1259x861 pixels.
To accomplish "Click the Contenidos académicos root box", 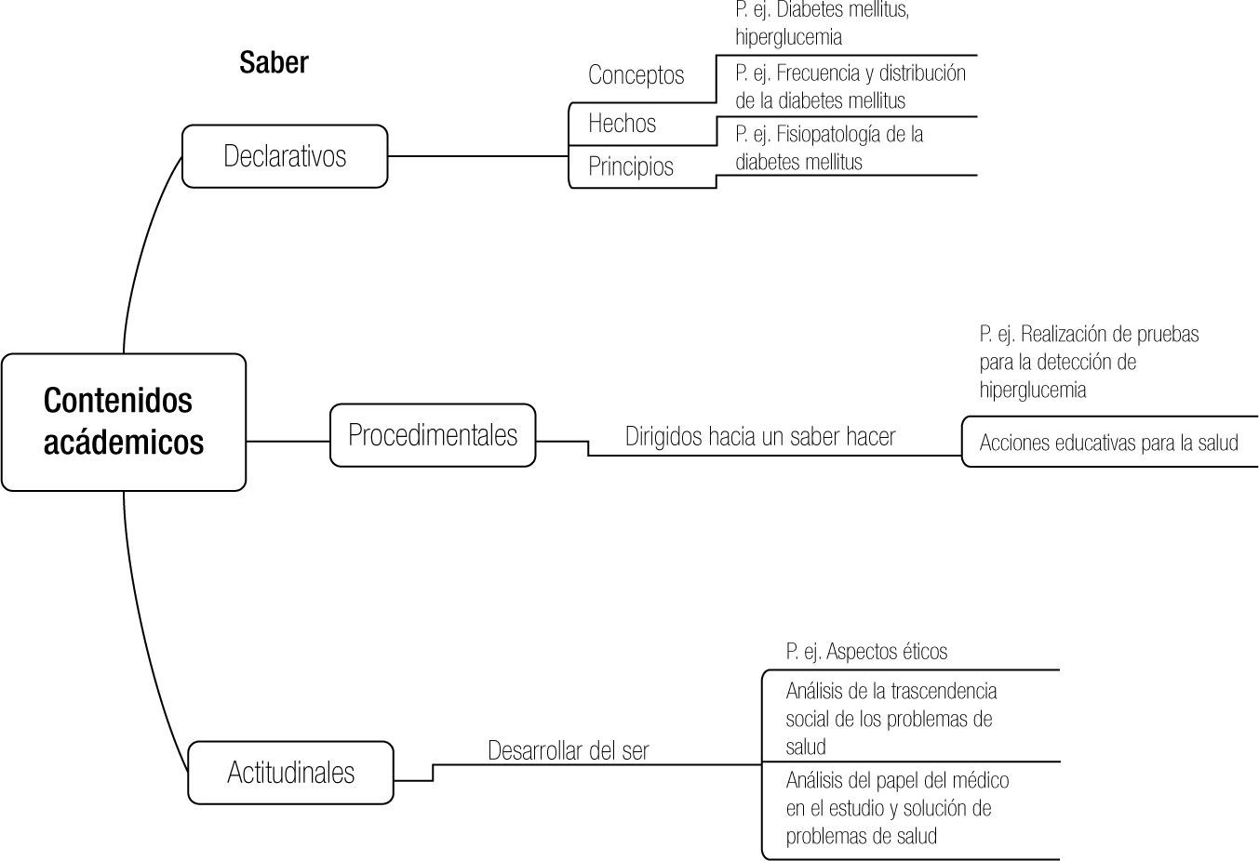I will pos(124,422).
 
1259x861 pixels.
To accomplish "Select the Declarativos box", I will pos(285,156).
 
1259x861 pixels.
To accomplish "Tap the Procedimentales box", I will pos(433,435).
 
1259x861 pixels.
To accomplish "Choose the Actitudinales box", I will pos(290,773).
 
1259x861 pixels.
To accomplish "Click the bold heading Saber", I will pos(274,63).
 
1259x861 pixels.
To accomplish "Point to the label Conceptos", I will pos(636,75).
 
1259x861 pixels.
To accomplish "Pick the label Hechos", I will pos(622,124).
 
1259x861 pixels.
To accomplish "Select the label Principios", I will pos(631,167).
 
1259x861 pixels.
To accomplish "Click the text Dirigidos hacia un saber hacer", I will pos(759,437).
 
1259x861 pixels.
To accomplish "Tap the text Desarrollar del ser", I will pos(568,750).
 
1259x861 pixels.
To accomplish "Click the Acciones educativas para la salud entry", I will pos(1108,443).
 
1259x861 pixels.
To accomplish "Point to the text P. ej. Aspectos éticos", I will pos(866,652).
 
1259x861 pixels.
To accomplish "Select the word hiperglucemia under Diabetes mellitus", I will pos(788,38).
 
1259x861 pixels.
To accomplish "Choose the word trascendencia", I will pos(944,692).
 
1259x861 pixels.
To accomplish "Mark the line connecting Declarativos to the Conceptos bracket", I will pos(477,155).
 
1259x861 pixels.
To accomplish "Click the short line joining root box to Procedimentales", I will pos(288,440).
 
